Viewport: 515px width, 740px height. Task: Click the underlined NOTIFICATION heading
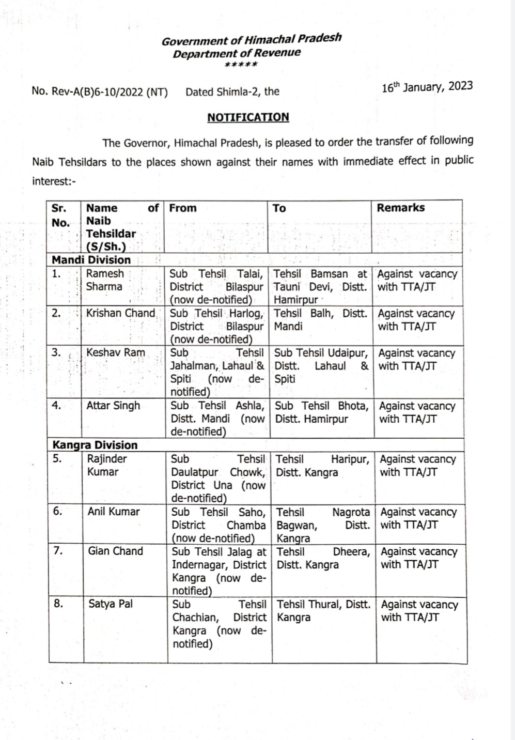point(248,117)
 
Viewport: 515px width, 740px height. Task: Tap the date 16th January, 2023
point(427,86)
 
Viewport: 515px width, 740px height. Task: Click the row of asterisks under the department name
point(241,65)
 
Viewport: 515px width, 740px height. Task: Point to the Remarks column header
point(400,208)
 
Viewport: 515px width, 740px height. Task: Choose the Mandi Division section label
point(91,260)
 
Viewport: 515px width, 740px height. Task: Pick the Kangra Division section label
point(95,445)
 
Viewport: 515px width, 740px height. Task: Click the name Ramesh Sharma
point(105,280)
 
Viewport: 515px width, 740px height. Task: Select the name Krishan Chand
point(120,313)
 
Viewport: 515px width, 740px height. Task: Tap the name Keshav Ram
point(116,353)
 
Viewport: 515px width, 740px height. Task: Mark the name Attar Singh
point(113,406)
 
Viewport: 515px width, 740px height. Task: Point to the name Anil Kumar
point(114,512)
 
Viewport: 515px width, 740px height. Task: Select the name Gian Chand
point(115,551)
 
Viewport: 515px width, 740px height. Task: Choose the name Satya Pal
point(110,604)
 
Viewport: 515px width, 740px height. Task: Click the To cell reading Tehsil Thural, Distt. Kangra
point(323,611)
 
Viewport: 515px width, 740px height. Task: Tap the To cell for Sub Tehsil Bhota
point(321,412)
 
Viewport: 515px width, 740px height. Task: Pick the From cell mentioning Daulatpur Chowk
point(218,479)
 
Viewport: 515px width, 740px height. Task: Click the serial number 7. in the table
point(58,551)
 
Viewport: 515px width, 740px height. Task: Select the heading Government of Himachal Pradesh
point(252,39)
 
